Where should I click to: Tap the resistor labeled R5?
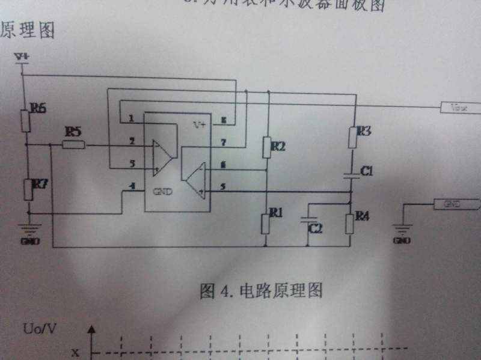point(74,144)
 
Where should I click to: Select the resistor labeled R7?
point(28,190)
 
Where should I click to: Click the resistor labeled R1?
point(266,223)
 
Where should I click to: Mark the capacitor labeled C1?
point(352,174)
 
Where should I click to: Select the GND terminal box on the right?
point(456,204)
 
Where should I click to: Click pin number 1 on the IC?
point(131,119)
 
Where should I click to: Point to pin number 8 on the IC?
point(223,121)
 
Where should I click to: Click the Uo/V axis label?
point(40,329)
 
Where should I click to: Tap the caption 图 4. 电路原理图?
point(261,291)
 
